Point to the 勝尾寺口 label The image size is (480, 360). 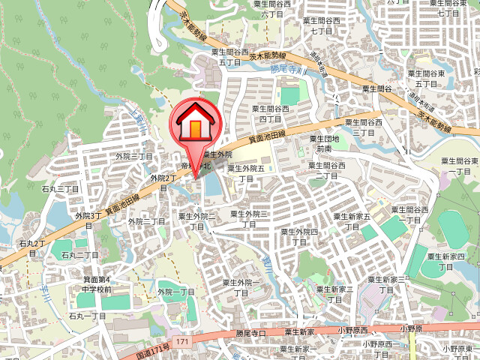click(251, 332)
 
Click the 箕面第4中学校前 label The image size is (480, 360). click(97, 284)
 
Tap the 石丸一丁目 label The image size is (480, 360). click(87, 316)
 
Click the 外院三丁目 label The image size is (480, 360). click(134, 156)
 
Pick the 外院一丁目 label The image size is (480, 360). click(175, 292)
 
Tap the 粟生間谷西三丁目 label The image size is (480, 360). click(363, 126)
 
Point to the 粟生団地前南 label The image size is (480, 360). click(324, 143)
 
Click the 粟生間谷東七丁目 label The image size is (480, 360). click(448, 8)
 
